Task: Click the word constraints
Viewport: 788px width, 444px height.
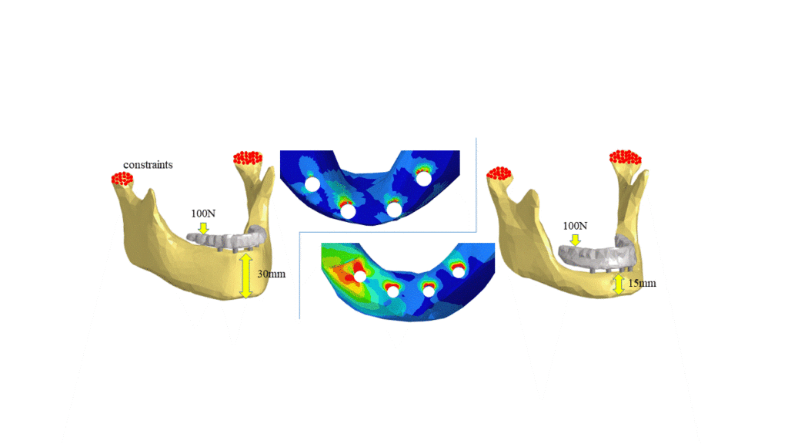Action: (x=148, y=165)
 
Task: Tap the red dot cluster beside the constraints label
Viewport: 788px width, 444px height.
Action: (x=122, y=179)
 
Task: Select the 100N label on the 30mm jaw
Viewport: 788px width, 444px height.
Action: (x=203, y=214)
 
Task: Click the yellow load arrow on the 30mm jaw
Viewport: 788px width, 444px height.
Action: (x=203, y=228)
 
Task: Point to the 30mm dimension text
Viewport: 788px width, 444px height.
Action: (x=272, y=274)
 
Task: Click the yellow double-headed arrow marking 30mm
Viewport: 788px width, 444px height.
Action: (x=245, y=276)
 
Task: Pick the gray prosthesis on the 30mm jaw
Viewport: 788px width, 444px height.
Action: (x=227, y=239)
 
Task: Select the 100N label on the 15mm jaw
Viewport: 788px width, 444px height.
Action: (x=575, y=226)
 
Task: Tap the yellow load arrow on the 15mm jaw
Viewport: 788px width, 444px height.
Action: (x=576, y=240)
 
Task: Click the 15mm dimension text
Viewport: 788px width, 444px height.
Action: (x=642, y=284)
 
